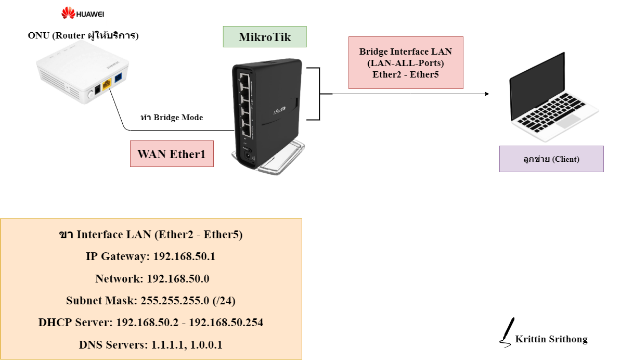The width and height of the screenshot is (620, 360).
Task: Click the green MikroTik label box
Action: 265,37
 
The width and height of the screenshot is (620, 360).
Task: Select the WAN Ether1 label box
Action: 172,154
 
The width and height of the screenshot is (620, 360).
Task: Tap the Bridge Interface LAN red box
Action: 406,62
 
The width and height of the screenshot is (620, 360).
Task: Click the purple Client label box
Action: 551,159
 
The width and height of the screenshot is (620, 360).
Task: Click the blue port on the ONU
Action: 119,79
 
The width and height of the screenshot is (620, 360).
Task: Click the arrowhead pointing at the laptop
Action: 486,94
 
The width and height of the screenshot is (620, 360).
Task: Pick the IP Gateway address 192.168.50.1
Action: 186,256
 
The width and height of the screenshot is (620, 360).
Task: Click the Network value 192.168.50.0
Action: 178,279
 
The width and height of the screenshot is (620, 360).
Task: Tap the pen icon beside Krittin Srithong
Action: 507,331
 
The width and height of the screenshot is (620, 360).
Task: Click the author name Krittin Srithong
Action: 551,340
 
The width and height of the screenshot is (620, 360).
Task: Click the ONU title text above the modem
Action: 83,36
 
